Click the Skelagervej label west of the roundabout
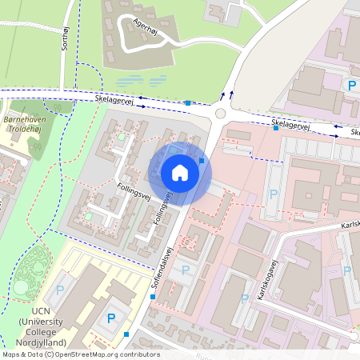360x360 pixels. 114,98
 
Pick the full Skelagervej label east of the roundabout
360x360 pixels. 290,124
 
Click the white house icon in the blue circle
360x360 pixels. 180,172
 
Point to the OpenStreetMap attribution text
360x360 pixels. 80,354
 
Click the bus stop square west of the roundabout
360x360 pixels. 187,103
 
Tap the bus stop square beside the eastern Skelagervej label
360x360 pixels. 275,129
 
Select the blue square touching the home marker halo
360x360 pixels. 202,161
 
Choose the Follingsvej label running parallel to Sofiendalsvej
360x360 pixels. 163,206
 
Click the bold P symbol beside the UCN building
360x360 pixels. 111,318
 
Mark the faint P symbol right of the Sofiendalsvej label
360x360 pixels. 186,270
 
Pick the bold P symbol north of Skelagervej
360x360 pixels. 350,85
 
